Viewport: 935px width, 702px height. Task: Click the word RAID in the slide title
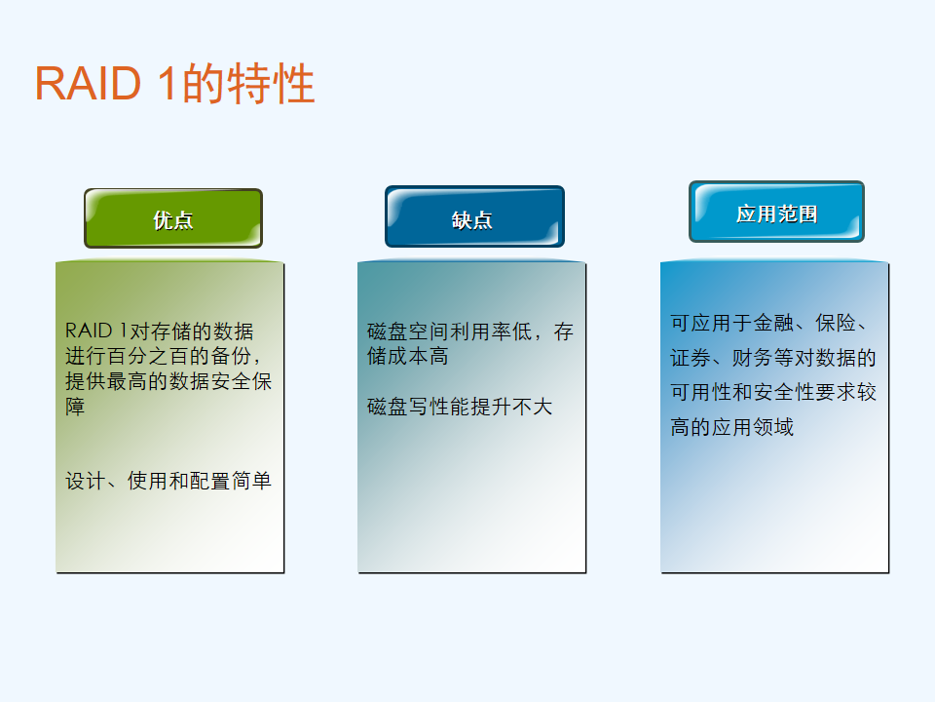coord(89,84)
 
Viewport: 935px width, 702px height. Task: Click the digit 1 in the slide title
coord(168,84)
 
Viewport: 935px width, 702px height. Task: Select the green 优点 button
coord(173,218)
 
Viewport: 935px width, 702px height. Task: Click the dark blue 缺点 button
coord(474,216)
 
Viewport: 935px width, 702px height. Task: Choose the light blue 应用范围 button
coord(776,212)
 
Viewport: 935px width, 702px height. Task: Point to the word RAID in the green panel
coord(89,331)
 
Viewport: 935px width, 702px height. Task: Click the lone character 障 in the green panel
coord(75,407)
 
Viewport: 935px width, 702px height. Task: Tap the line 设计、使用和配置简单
coord(168,481)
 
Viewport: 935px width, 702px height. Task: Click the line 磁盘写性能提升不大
coord(460,407)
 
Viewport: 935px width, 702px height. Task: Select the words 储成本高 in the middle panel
coord(408,357)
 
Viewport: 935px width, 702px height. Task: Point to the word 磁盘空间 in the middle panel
coord(408,331)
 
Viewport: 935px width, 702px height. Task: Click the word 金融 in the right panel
coord(773,323)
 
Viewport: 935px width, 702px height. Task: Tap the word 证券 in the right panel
coord(691,358)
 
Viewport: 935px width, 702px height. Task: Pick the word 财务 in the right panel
coord(753,358)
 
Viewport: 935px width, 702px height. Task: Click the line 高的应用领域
coord(732,427)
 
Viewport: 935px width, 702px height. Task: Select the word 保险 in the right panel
coord(836,323)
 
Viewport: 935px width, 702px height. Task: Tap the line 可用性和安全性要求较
coord(773,393)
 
